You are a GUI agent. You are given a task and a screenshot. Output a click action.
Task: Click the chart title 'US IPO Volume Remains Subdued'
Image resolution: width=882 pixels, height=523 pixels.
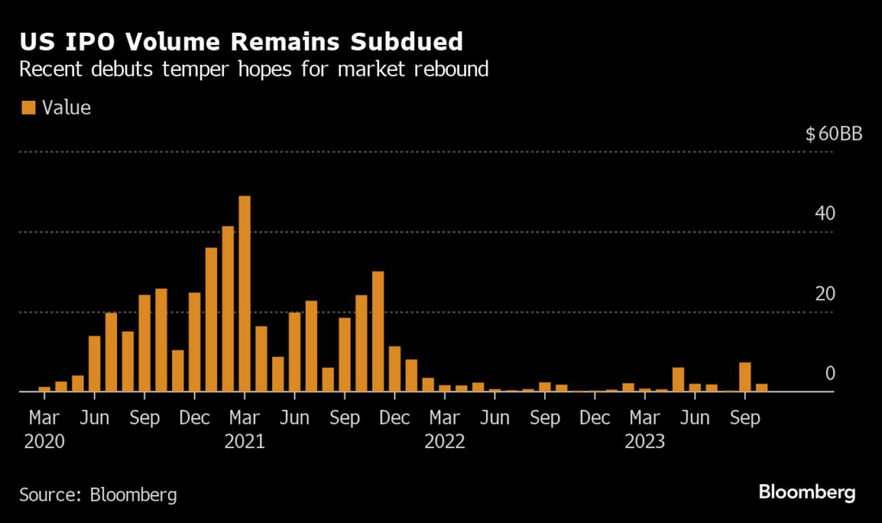[240, 41]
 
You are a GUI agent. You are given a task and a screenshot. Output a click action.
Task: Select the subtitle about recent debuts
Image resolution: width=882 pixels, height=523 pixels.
[254, 69]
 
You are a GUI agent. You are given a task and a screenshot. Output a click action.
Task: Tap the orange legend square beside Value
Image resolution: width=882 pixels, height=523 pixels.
[28, 108]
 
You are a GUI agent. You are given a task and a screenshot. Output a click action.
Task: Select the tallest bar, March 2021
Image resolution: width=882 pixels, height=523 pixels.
[245, 294]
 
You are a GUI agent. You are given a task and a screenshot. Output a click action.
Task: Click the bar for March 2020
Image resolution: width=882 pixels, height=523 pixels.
[45, 389]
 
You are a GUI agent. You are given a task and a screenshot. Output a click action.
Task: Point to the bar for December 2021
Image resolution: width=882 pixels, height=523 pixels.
[394, 369]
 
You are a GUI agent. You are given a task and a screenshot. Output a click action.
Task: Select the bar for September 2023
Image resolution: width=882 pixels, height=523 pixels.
[745, 377]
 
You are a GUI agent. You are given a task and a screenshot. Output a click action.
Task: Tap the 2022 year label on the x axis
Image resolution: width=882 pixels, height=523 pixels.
[444, 442]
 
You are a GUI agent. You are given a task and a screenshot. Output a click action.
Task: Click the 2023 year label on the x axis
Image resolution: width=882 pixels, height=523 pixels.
[643, 442]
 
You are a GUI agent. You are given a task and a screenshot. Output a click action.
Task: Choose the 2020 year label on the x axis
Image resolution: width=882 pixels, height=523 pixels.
[45, 442]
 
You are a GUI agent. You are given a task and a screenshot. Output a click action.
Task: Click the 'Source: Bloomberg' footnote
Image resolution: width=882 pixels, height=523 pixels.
[98, 495]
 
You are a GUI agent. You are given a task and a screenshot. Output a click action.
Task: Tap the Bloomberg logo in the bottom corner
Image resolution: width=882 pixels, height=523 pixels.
[807, 493]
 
